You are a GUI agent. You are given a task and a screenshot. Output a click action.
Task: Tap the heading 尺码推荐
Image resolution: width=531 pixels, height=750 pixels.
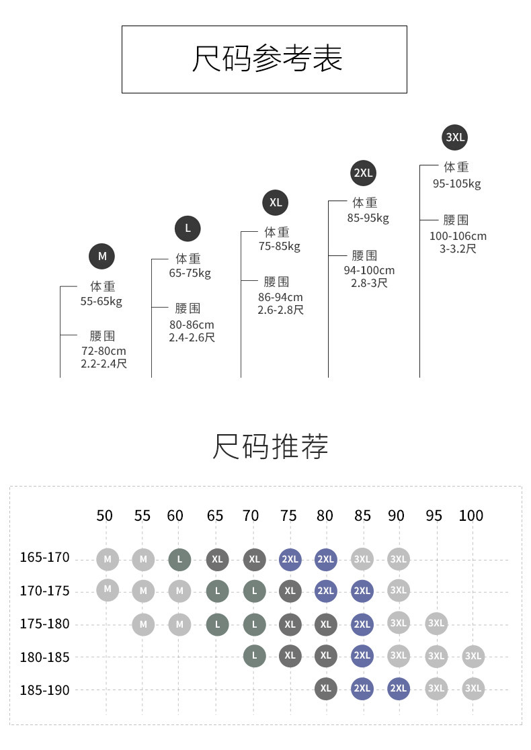270,447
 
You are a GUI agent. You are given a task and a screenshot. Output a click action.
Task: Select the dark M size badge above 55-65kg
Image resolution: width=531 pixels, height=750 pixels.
102,256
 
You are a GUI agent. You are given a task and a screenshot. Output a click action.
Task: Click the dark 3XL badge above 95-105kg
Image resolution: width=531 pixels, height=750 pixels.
455,138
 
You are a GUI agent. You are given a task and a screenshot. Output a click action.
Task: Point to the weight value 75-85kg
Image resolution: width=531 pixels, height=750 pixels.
280,247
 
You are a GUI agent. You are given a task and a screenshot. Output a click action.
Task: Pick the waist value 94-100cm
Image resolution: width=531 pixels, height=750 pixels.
369,270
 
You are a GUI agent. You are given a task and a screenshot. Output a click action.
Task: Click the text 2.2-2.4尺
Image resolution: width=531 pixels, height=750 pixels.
104,364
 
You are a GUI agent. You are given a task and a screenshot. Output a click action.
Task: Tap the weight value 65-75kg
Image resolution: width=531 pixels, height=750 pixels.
190,274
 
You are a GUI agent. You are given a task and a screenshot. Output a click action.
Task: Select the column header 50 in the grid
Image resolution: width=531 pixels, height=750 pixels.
105,515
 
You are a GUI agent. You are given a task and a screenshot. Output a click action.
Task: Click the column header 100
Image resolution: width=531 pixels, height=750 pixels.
471,515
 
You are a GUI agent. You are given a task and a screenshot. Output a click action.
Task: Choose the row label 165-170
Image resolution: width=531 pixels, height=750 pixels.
45,558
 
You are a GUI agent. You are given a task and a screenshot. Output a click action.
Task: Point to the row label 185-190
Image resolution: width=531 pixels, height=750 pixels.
45,690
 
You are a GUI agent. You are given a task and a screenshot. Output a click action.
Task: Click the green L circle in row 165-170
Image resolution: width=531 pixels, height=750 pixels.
179,559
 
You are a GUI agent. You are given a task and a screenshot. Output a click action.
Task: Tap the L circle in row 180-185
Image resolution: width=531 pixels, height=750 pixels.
254,656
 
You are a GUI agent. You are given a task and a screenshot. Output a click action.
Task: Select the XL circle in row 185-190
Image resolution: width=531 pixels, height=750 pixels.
326,689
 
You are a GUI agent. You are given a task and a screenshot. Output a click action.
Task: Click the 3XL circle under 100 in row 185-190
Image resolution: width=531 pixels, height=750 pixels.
473,689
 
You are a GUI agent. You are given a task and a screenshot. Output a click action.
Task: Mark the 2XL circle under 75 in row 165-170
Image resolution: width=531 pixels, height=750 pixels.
290,559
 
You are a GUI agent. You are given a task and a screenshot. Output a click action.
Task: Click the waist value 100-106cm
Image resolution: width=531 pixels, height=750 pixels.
458,236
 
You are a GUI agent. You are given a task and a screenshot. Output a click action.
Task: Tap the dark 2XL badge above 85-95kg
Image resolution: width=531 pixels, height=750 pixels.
363,173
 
